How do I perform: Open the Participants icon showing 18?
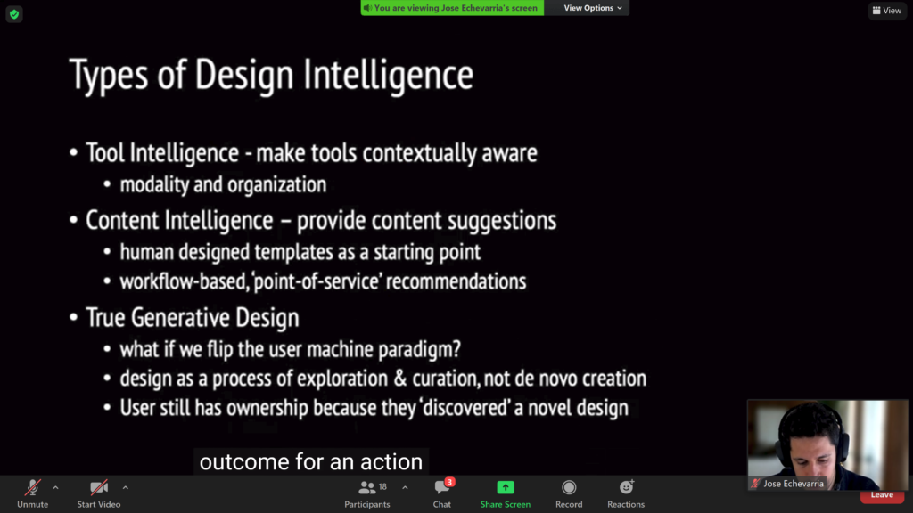[367, 487]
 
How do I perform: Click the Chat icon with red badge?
[442, 487]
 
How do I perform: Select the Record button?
[569, 487]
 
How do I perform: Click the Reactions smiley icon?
[626, 487]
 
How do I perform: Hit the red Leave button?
[882, 495]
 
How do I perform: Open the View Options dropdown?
[593, 7]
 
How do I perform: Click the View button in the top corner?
[887, 11]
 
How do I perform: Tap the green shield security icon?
[14, 14]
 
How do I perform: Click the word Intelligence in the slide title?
[388, 75]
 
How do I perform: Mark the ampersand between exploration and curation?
[400, 379]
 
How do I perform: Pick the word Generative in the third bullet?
[185, 318]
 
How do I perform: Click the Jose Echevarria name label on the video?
[794, 484]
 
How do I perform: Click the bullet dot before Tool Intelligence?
[73, 153]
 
